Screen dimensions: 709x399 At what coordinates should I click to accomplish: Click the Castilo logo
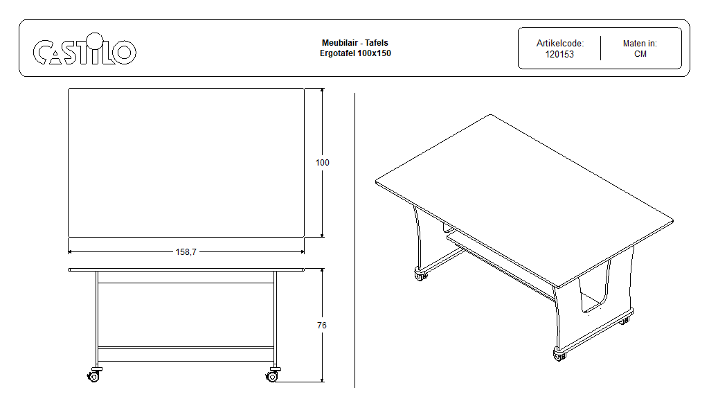pos(84,49)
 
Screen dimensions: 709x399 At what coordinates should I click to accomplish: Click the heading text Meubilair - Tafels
pos(355,43)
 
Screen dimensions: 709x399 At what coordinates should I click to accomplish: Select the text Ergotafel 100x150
pos(355,53)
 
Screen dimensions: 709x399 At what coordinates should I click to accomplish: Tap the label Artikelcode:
pos(559,44)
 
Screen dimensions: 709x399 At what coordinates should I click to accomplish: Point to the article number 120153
pos(559,54)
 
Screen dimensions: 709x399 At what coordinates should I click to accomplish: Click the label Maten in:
pos(640,44)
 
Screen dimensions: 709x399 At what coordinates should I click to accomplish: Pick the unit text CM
pos(640,54)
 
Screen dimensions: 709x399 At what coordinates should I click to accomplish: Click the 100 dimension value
pos(323,163)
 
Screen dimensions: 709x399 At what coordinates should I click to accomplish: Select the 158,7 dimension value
pos(186,252)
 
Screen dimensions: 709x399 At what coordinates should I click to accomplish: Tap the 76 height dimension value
pos(322,326)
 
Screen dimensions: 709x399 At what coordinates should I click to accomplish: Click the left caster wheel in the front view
pos(93,375)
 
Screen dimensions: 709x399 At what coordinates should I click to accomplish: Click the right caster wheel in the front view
pos(272,375)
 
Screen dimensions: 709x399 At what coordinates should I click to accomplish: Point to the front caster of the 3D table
pos(559,355)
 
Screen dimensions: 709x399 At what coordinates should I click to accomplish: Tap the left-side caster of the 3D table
pos(420,274)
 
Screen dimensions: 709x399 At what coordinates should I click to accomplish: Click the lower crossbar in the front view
pos(186,348)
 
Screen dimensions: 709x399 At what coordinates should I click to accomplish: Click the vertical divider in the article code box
pos(600,48)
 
